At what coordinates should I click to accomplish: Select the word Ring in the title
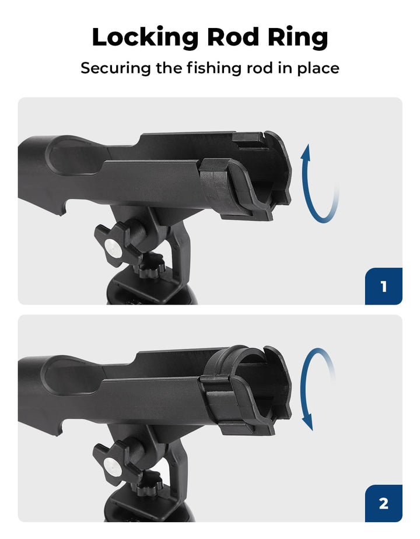(298, 38)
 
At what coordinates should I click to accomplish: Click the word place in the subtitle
(317, 68)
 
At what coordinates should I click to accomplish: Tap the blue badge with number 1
(383, 286)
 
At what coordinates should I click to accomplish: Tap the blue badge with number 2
(383, 503)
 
